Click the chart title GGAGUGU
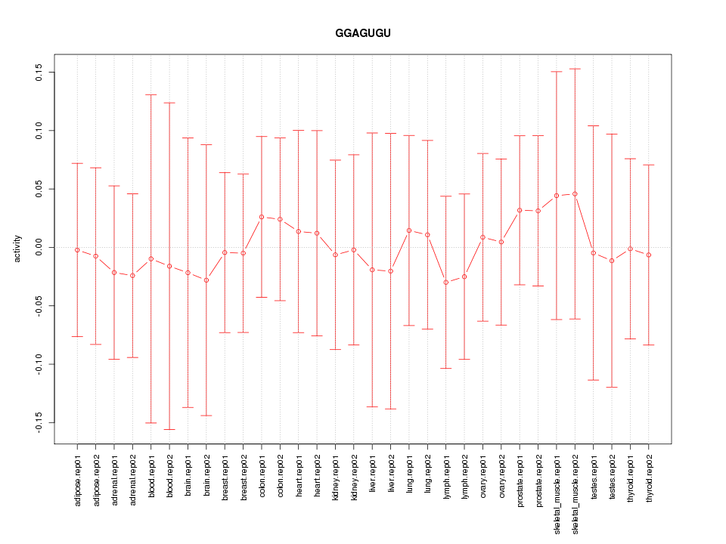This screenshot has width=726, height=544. pos(363,34)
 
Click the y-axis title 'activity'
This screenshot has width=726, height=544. pos(17,249)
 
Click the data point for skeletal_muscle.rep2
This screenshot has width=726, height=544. pos(575,193)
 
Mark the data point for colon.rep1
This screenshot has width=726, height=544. pos(262,217)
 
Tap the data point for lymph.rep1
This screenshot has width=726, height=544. pos(446,283)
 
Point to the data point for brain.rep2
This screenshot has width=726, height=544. pos(206,280)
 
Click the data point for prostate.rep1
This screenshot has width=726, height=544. pos(520,210)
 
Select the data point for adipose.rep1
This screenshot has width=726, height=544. pos(77,250)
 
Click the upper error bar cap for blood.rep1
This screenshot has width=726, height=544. pos(151,95)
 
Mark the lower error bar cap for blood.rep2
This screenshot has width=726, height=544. pos(169,429)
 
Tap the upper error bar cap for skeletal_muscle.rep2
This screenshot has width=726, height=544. pos(575,69)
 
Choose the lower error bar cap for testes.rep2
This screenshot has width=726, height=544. pos(612,387)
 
